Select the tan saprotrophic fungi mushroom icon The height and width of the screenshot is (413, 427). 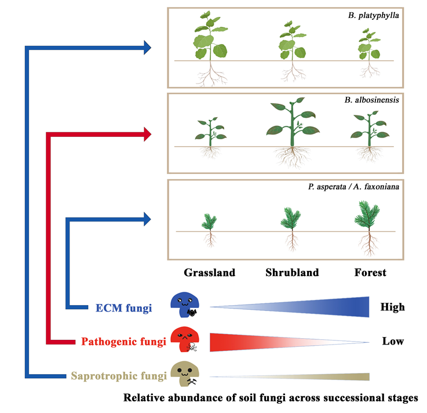185,375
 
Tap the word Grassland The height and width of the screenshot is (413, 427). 209,272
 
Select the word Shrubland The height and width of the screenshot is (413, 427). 292,272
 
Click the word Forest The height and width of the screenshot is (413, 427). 371,272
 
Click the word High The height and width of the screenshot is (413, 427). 392,307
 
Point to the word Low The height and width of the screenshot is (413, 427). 392,341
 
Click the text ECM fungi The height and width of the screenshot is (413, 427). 123,307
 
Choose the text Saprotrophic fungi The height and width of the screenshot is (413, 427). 119,376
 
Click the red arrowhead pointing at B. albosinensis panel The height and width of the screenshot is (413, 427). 147,135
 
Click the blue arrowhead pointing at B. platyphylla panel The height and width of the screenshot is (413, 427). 147,47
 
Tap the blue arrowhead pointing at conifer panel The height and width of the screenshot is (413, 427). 147,219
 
